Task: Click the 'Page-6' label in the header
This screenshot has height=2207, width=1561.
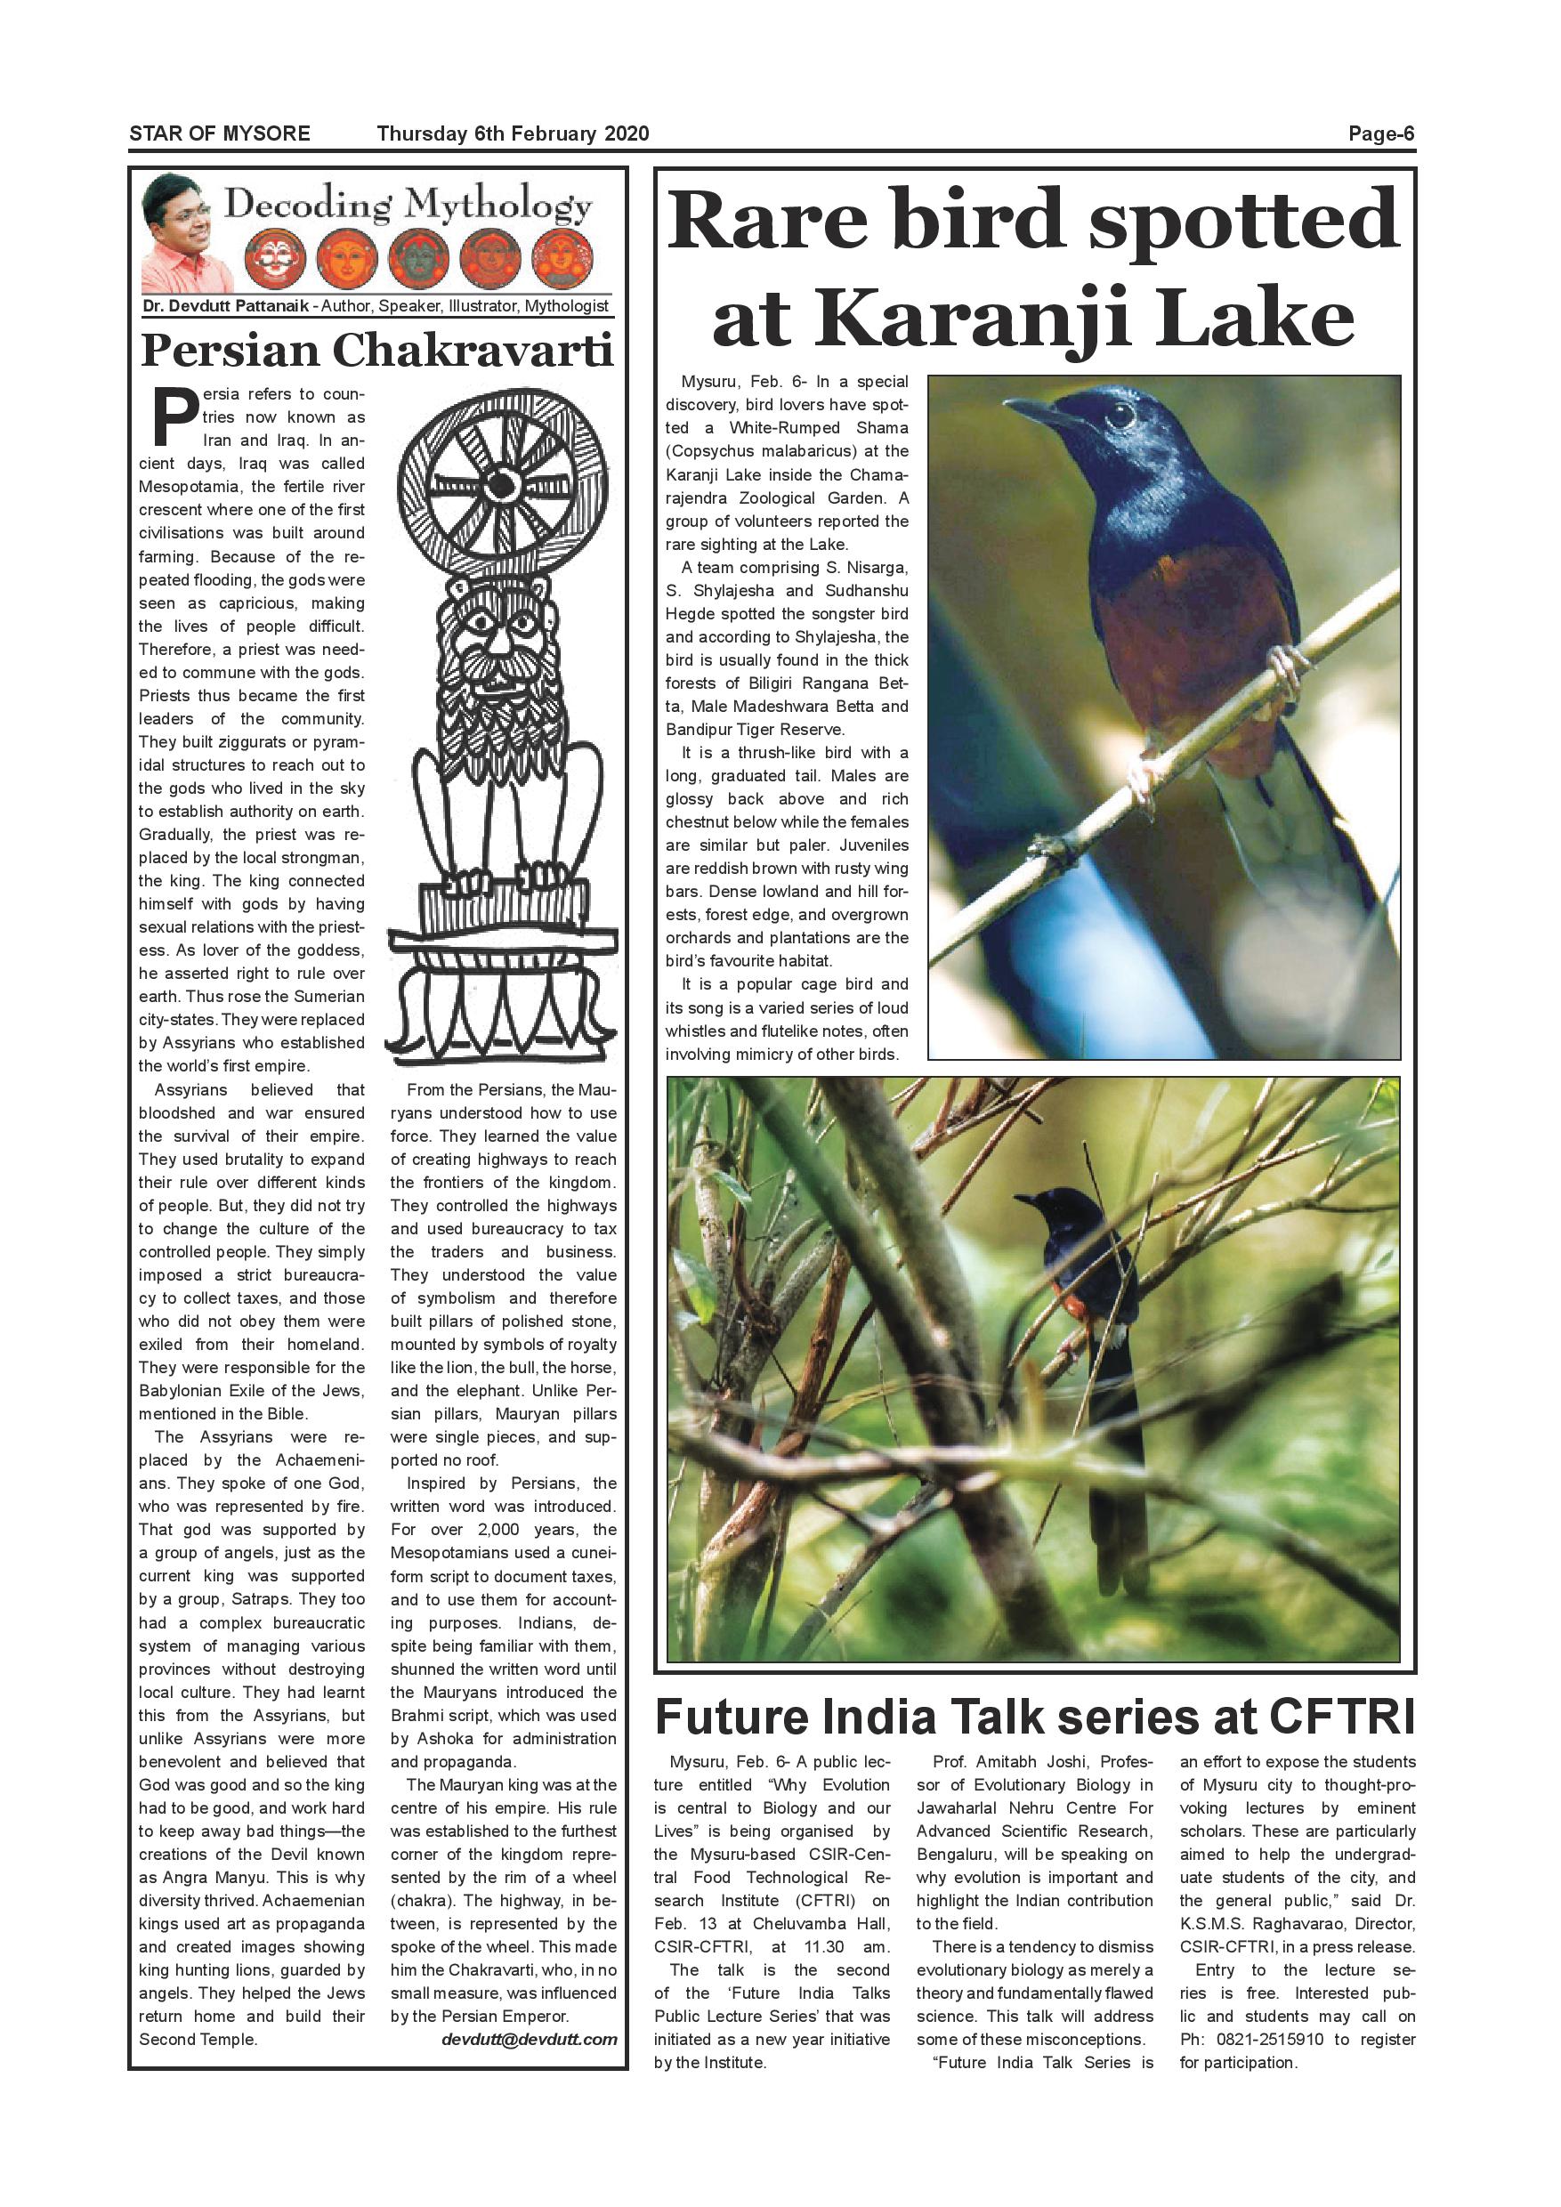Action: coord(1380,133)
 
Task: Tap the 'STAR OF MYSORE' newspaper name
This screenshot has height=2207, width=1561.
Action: coord(219,133)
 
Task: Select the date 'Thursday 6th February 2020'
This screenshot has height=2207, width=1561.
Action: coord(513,133)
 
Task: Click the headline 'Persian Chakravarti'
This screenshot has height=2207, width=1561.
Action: coord(376,351)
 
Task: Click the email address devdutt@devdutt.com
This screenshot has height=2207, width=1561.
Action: coord(529,2039)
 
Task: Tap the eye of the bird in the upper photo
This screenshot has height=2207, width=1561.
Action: coord(1119,416)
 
